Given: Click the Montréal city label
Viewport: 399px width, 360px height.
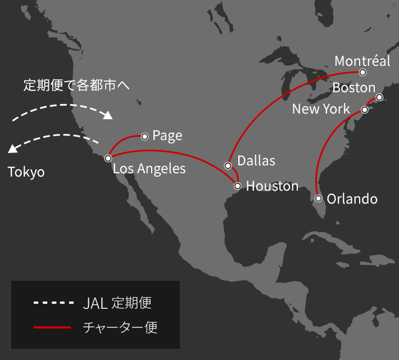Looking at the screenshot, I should coord(362,61).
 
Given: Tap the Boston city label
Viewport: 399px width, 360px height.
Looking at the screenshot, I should coord(353,88).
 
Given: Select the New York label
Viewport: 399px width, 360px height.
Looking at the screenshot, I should coord(321,109).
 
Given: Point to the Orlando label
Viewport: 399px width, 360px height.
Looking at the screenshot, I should coord(352,199).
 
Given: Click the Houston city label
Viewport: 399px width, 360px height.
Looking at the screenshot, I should coord(272,186).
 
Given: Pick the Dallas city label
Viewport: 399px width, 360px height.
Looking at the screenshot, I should coord(256,161).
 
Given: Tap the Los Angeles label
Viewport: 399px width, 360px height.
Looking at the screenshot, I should coord(149,168).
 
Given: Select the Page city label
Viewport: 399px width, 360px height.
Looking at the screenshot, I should coord(167,136).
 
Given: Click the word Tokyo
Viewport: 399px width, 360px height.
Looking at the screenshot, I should coord(26,172).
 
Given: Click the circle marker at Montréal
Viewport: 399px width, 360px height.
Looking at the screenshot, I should coord(363,73).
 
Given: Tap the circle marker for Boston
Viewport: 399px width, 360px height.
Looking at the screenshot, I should coord(380,97).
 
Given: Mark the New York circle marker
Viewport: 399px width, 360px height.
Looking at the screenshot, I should coord(364,110).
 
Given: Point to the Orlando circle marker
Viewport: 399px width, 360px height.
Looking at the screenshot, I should coord(319,199).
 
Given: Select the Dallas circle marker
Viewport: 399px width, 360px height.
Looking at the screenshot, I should coord(228,165).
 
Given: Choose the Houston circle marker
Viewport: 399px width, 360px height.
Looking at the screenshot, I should coord(238,186).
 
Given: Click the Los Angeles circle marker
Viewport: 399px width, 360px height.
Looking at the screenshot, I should coord(108,159).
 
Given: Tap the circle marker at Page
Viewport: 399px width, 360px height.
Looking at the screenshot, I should coord(144,136).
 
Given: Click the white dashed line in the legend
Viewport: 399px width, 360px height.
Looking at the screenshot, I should coord(54,303).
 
